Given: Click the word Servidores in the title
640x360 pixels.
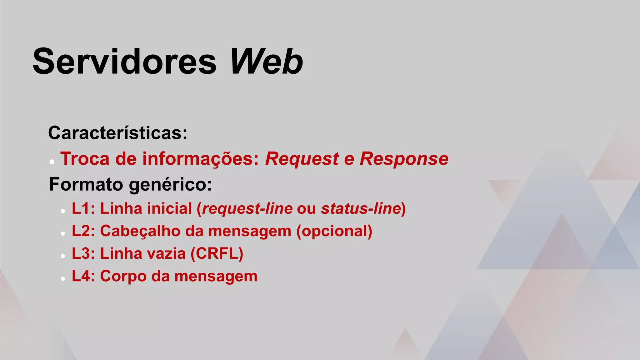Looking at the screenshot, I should (x=124, y=61).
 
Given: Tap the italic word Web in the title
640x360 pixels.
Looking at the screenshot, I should (x=266, y=61).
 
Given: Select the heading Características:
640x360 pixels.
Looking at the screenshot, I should (x=118, y=133).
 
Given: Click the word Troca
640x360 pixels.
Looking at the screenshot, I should (x=85, y=158).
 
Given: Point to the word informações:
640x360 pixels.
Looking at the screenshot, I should (x=201, y=158).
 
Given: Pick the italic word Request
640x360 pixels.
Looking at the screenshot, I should (x=302, y=158).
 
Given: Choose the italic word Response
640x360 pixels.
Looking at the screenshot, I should (x=404, y=158).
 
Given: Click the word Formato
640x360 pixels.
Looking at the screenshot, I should (x=86, y=184).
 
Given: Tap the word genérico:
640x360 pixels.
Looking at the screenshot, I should (x=170, y=185).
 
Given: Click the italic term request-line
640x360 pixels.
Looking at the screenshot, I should (x=247, y=208).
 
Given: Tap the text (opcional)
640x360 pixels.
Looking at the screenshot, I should (x=334, y=232).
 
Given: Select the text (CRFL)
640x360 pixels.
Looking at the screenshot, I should (x=217, y=253).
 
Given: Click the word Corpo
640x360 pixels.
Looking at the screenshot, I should (x=123, y=277).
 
